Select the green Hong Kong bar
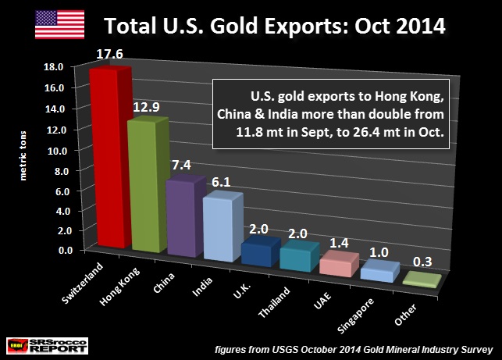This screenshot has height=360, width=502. tap(147, 187)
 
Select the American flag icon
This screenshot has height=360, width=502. tap(60, 24)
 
